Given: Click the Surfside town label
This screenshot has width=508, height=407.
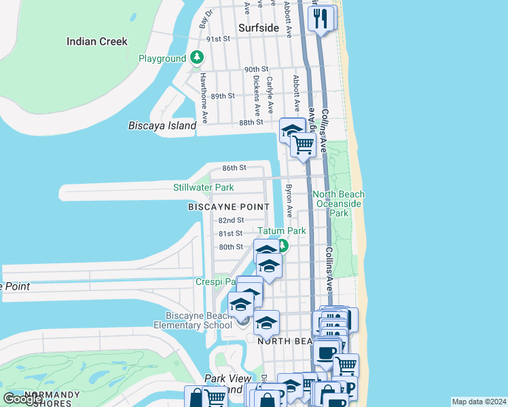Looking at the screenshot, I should tap(259, 28).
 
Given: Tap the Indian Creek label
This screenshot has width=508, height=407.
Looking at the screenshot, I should tap(97, 41).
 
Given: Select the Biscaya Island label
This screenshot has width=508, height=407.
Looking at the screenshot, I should tap(162, 125).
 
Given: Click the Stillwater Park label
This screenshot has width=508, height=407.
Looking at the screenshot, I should tap(203, 187).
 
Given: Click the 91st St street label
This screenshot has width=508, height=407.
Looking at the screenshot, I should tap(219, 39).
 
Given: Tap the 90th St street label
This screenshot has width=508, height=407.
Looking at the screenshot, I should tap(257, 69).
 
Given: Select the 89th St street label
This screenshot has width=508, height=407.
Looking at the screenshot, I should tap(222, 96).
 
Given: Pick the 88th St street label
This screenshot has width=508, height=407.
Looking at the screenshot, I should tap(251, 122).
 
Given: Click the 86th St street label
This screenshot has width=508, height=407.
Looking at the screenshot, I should tap(233, 168).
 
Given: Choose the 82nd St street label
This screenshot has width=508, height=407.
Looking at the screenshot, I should tap(231, 220).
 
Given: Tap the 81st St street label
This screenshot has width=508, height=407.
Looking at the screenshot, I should tap(230, 233).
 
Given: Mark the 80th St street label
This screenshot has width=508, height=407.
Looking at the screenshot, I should tap(230, 247).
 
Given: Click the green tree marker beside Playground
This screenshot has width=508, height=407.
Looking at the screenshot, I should tap(197, 58).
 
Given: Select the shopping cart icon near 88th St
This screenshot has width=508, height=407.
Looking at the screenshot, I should tap(303, 144).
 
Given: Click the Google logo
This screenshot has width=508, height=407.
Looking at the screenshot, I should tap(22, 399).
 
